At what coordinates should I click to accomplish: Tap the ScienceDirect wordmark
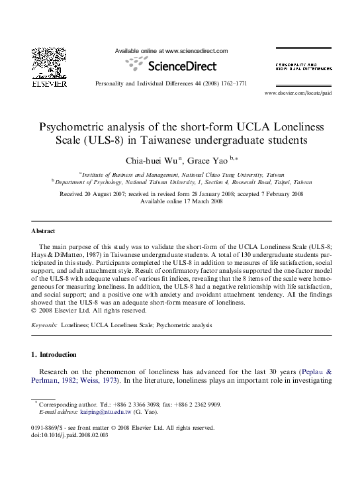pos(174,66)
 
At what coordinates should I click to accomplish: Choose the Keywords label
pos(44,326)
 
